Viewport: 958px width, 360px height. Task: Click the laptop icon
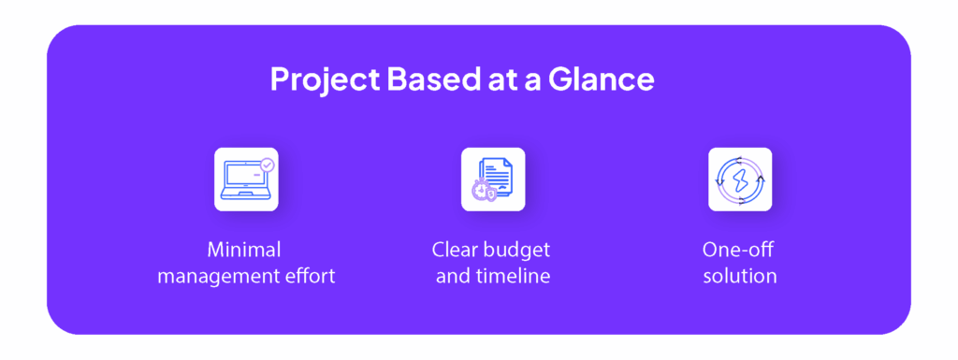coord(246,180)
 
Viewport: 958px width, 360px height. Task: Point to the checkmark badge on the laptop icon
coord(268,165)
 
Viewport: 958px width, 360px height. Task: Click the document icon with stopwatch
coord(493,180)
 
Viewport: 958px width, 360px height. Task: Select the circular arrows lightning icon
coord(740,180)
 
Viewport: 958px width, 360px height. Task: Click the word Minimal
coord(246,250)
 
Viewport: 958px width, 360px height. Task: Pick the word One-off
coord(739,250)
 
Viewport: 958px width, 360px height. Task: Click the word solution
coord(740,277)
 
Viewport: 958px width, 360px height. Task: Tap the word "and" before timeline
coord(452,277)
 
